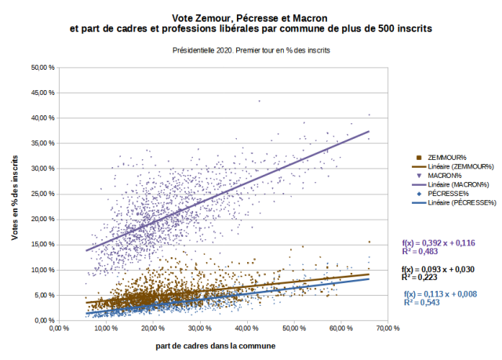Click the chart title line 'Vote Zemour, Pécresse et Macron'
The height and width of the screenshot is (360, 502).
point(250,16)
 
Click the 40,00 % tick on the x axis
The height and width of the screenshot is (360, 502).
point(245,329)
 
